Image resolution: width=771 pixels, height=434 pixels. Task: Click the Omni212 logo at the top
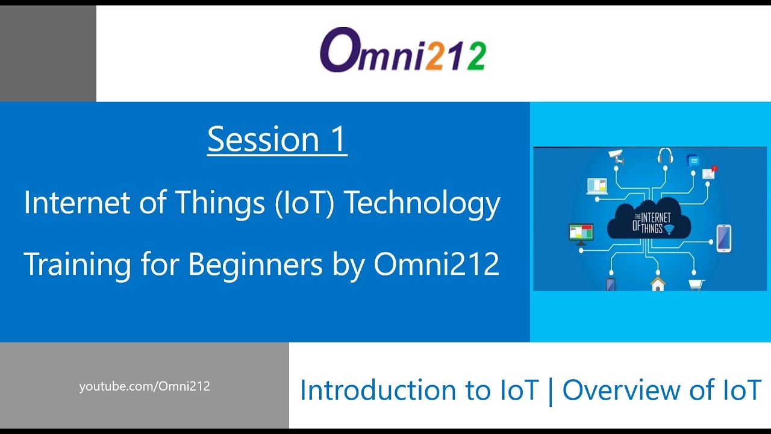(x=402, y=51)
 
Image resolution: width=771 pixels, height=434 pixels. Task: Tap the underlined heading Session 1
(x=277, y=140)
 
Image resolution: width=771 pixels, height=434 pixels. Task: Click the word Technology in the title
(x=422, y=203)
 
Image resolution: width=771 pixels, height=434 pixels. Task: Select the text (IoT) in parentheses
(x=305, y=203)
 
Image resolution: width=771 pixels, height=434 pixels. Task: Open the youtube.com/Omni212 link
(x=145, y=386)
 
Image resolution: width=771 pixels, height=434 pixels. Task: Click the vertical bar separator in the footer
(x=550, y=391)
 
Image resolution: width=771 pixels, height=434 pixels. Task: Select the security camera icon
(x=616, y=157)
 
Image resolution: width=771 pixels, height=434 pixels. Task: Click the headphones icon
(x=665, y=156)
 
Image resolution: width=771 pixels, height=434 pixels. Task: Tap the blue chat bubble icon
(x=693, y=161)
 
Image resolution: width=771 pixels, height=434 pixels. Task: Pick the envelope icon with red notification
(x=709, y=173)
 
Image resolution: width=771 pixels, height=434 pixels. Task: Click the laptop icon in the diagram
(x=597, y=185)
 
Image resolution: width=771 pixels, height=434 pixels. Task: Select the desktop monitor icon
(x=581, y=233)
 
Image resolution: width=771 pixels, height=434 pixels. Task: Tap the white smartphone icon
(x=723, y=237)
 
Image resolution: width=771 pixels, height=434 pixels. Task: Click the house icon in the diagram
(x=658, y=283)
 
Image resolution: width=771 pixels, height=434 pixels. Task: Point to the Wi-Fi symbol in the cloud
(x=668, y=229)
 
